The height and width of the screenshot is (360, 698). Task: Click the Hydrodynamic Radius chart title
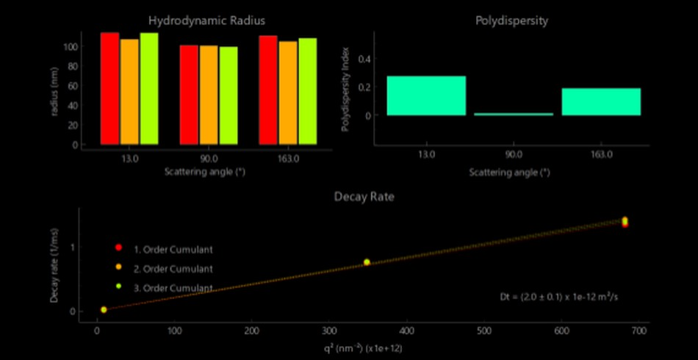tap(206, 20)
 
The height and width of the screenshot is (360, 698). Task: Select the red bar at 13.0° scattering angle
tap(110, 88)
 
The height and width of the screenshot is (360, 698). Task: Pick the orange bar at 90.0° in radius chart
tap(209, 95)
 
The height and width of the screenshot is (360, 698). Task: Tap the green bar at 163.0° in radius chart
tap(307, 91)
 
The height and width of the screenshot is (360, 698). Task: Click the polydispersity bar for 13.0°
tap(426, 96)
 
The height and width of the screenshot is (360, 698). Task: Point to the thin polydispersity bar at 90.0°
tap(514, 114)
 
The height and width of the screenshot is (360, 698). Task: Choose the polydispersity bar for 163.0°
tap(601, 101)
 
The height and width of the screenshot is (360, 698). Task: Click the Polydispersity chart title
tap(512, 20)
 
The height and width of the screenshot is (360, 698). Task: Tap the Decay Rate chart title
tap(365, 196)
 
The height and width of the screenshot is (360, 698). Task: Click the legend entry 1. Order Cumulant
tap(173, 250)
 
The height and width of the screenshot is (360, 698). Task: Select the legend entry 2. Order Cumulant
tap(173, 269)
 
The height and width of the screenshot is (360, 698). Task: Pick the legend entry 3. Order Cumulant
tap(173, 288)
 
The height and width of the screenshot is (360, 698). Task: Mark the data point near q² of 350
tap(367, 262)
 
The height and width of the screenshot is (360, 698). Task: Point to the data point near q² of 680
tap(625, 221)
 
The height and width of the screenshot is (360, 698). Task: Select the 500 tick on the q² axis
tap(484, 333)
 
